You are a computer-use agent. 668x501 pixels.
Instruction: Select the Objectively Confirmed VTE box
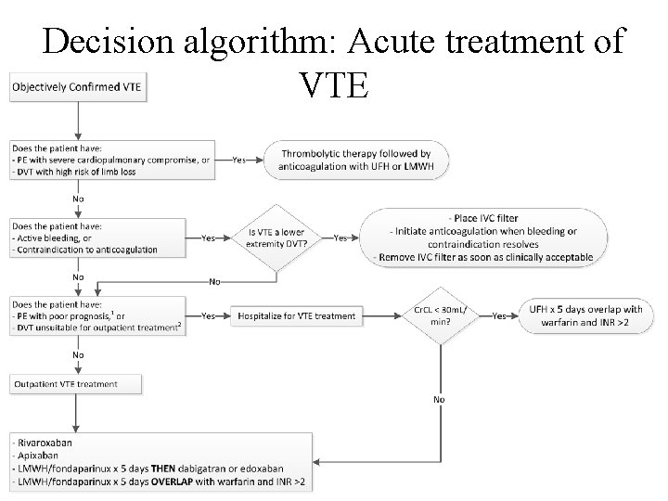78,87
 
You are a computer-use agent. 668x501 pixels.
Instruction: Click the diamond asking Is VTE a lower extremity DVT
277,238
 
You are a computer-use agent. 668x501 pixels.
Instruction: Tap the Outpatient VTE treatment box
77,383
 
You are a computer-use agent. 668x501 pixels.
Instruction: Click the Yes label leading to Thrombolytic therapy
239,160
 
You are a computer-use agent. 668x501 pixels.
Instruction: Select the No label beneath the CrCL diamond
439,400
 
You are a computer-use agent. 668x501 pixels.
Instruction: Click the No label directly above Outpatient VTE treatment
78,354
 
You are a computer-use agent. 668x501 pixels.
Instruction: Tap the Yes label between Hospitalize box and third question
211,316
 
